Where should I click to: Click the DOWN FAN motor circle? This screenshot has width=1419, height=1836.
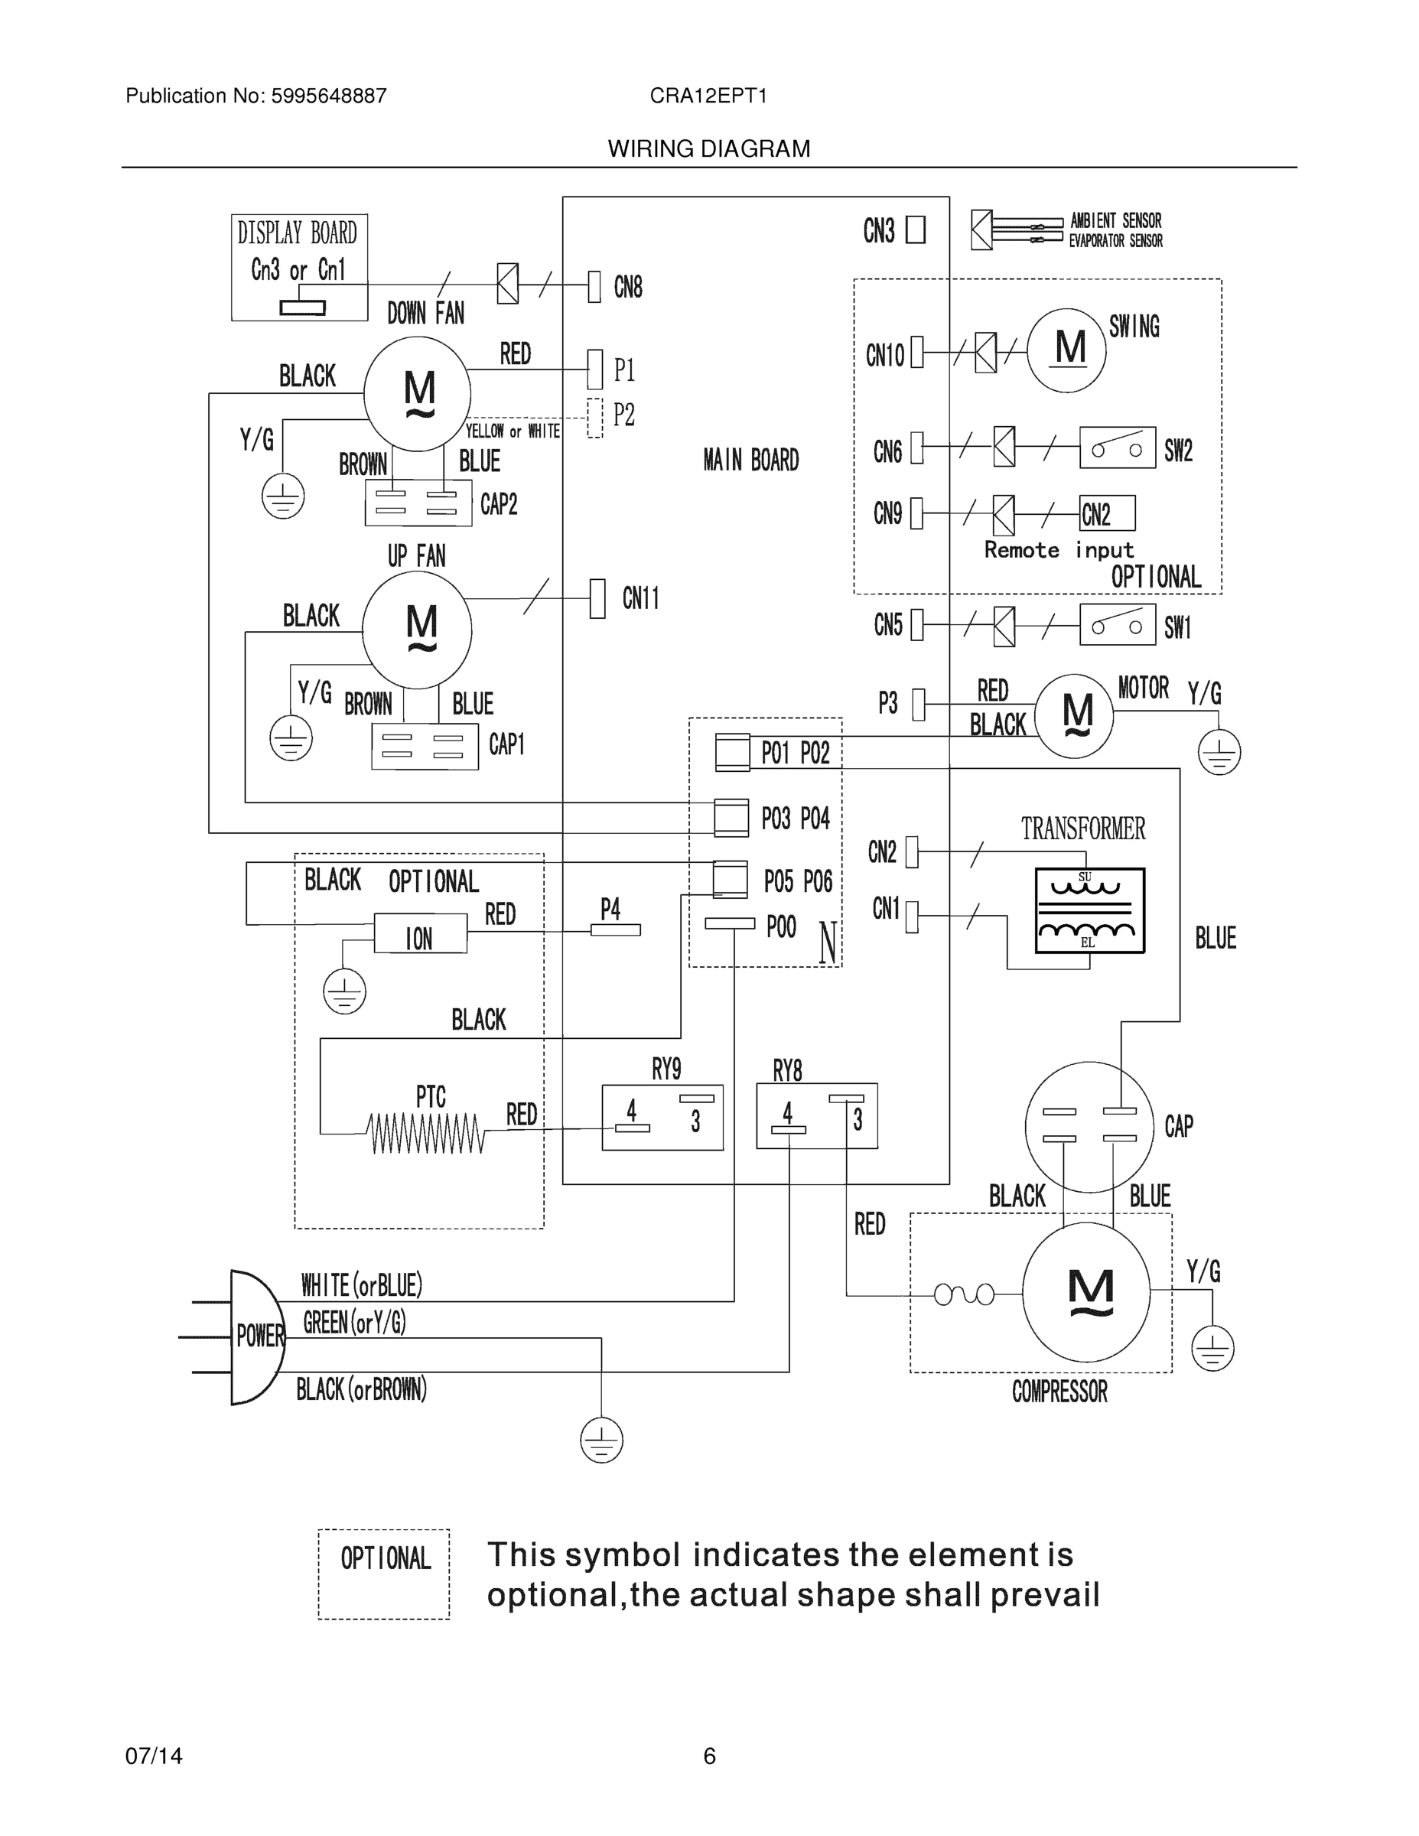pyautogui.click(x=417, y=393)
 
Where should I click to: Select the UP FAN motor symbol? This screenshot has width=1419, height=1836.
pyautogui.click(x=417, y=630)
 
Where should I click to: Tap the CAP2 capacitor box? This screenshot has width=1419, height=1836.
pyautogui.click(x=418, y=503)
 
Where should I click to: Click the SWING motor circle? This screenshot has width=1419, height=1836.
pyautogui.click(x=1066, y=350)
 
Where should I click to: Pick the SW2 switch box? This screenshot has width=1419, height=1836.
pyautogui.click(x=1117, y=448)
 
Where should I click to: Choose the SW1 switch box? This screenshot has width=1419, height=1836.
pyautogui.click(x=1117, y=624)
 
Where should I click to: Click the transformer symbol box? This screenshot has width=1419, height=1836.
pyautogui.click(x=1089, y=910)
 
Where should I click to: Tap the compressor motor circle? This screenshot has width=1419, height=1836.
pyautogui.click(x=1086, y=1293)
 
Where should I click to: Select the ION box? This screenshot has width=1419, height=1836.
pyautogui.click(x=419, y=935)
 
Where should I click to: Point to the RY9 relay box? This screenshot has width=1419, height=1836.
pyautogui.click(x=662, y=1116)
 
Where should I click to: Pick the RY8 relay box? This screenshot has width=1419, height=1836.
pyautogui.click(x=816, y=1115)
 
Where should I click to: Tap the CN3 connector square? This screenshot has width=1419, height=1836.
pyautogui.click(x=916, y=230)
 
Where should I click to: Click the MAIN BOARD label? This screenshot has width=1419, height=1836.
pyautogui.click(x=750, y=460)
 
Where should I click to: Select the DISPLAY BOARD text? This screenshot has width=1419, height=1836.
pyautogui.click(x=297, y=233)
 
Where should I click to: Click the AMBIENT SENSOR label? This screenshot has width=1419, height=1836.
pyautogui.click(x=1115, y=220)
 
